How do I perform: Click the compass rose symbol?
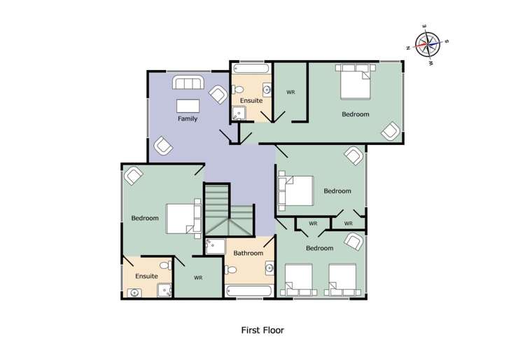(x=427, y=44)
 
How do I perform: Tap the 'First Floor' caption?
(x=262, y=330)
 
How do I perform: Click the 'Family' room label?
(x=187, y=119)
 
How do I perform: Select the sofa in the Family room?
(x=188, y=85)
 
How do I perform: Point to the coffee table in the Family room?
(x=188, y=106)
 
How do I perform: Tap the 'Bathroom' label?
(x=248, y=253)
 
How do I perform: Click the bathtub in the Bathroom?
(x=248, y=290)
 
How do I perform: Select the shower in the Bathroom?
(x=215, y=245)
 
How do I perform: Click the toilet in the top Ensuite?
(x=237, y=89)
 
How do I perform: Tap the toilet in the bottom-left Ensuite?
(x=165, y=265)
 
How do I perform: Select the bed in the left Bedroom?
(x=184, y=216)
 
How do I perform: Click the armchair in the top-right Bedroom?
(x=390, y=130)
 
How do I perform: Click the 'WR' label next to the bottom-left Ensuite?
(x=198, y=278)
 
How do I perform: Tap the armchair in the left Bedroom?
(x=133, y=175)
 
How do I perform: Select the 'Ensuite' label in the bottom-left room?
(x=146, y=276)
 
